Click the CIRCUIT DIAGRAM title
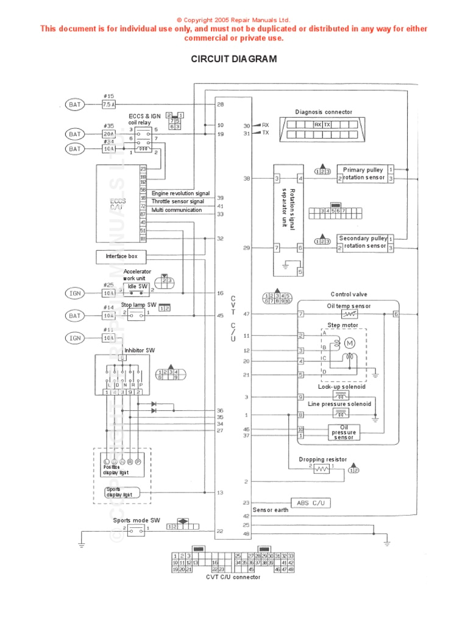[x=234, y=59]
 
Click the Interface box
[x=121, y=257]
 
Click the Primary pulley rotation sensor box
[x=364, y=174]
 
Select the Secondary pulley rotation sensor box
[x=363, y=242]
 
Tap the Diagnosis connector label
[x=324, y=112]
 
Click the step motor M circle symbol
[x=350, y=343]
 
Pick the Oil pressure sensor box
[x=344, y=433]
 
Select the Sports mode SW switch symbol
[x=136, y=532]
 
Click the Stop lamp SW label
[x=138, y=305]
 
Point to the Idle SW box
[x=137, y=287]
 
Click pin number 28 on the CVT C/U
[x=221, y=104]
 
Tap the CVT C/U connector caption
[x=232, y=577]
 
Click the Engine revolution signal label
[x=180, y=193]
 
